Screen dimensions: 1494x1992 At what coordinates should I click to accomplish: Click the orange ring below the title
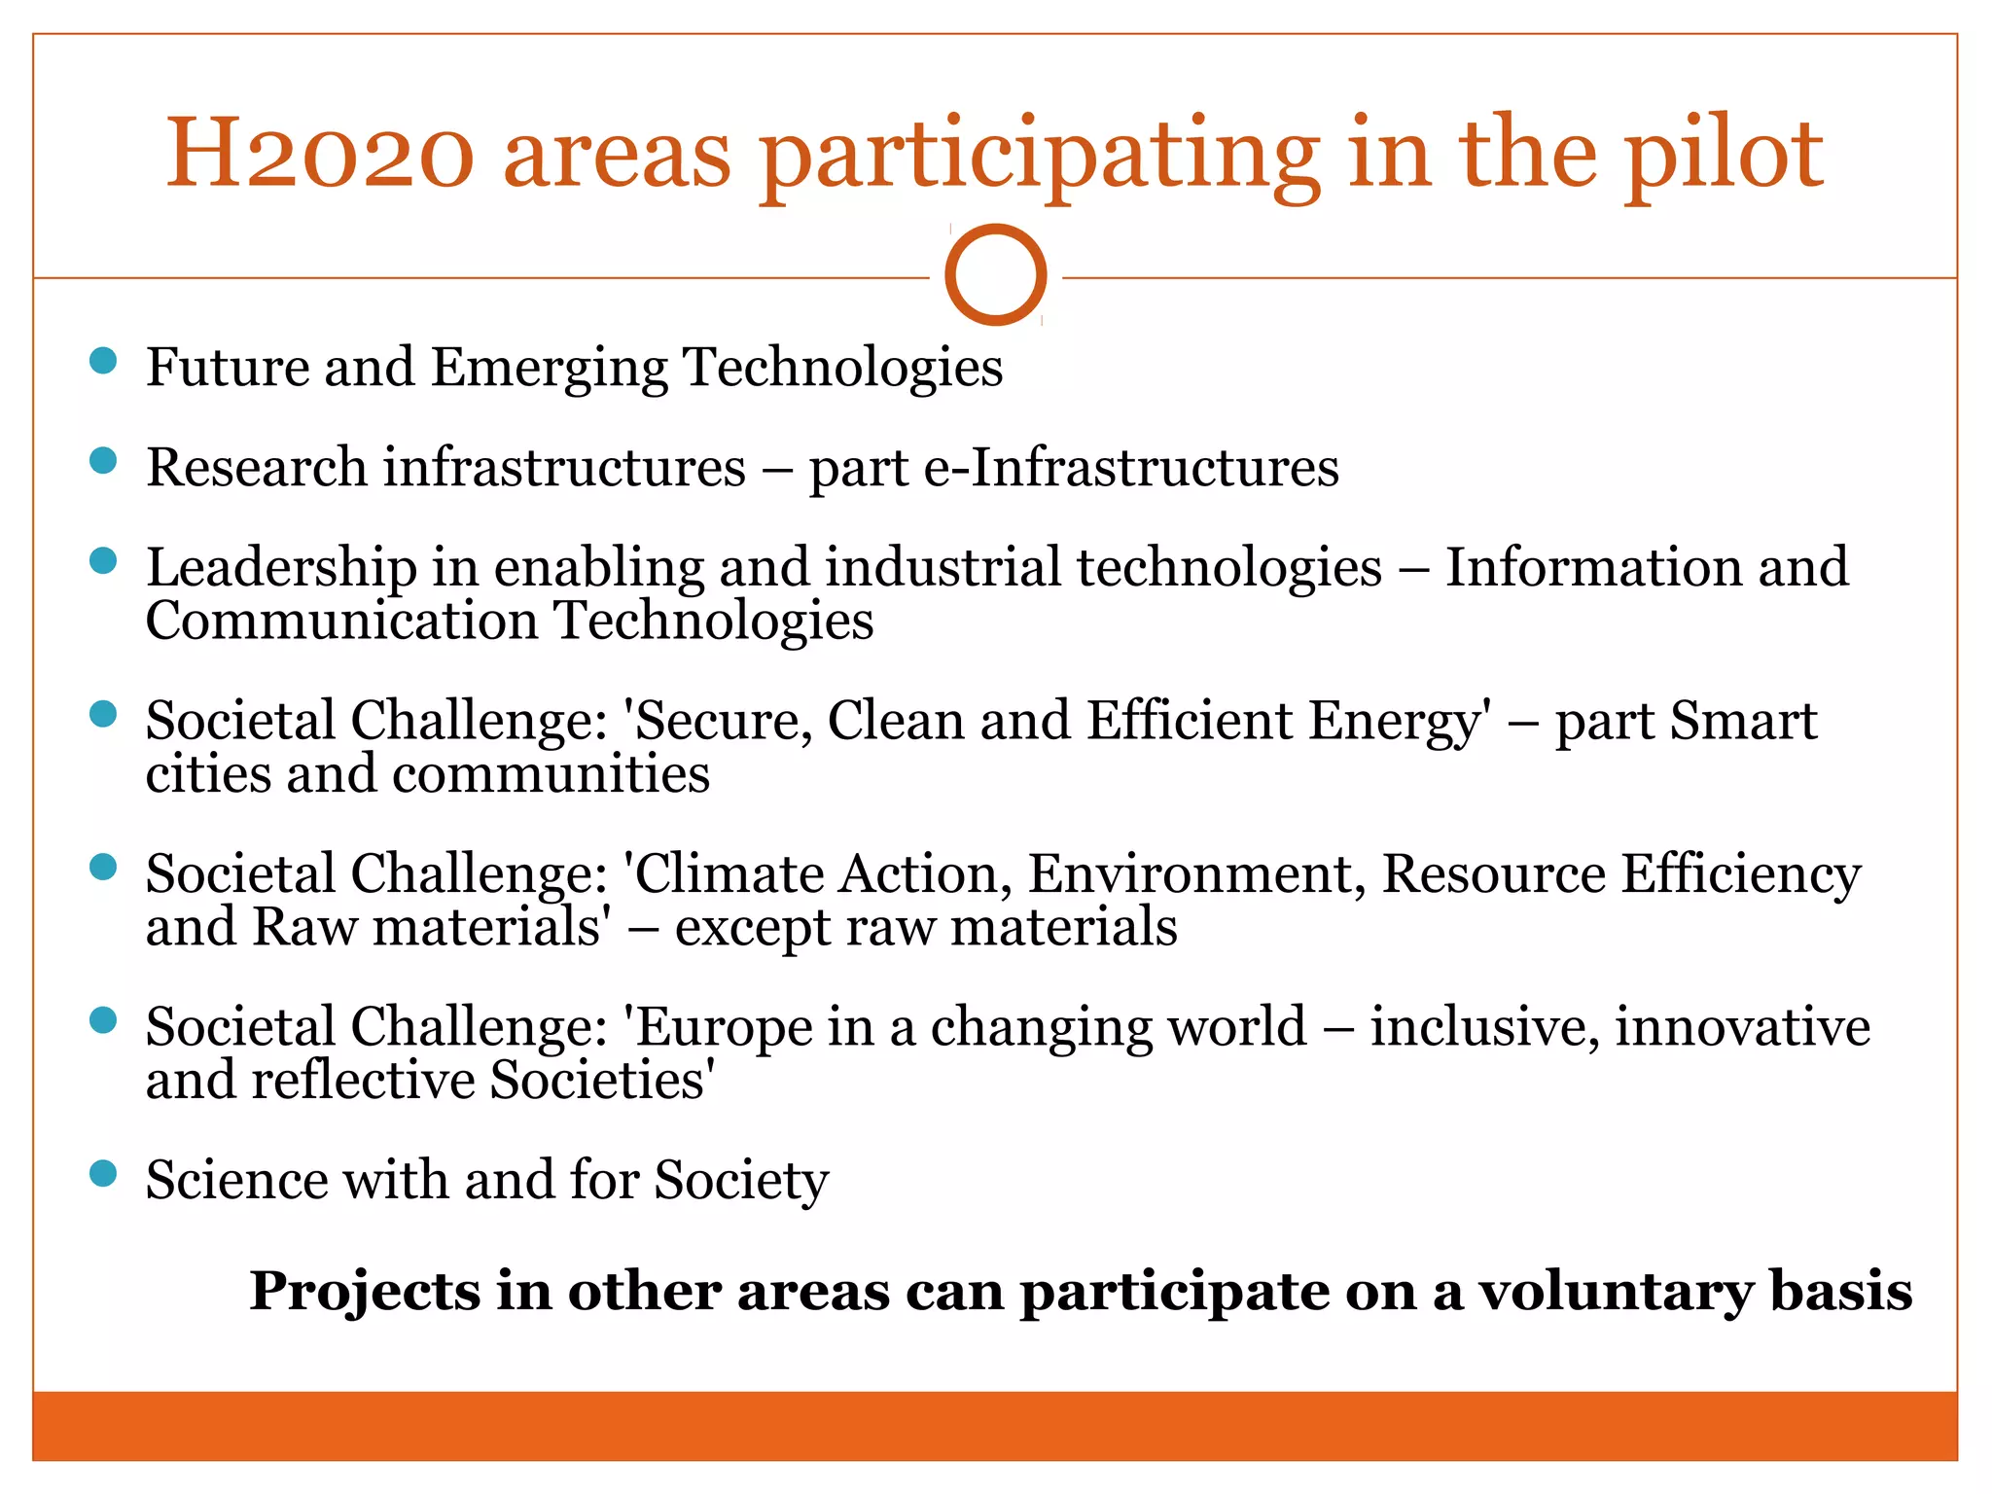(995, 275)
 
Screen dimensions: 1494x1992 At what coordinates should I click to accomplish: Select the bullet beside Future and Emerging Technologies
(102, 361)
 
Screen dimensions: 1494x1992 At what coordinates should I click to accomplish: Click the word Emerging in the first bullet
(549, 370)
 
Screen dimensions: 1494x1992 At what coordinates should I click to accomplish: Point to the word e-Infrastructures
(1130, 467)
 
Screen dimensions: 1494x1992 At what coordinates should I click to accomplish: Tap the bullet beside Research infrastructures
(102, 460)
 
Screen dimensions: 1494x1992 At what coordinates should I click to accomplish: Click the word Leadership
(281, 568)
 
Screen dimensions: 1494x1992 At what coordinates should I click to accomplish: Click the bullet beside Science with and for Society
(102, 1173)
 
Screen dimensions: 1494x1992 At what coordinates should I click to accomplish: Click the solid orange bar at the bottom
(995, 1425)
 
